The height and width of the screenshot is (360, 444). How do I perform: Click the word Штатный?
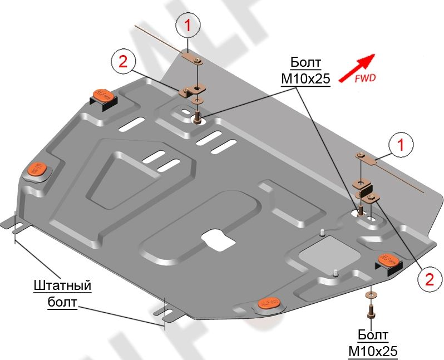pos(62,286)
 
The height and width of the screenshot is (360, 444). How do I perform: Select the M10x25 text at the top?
pos(305,79)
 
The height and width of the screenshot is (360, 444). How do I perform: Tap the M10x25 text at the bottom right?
pos(373,351)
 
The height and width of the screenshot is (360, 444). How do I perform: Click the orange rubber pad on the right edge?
pos(388,260)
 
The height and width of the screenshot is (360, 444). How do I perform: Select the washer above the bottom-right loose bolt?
pos(371,294)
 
